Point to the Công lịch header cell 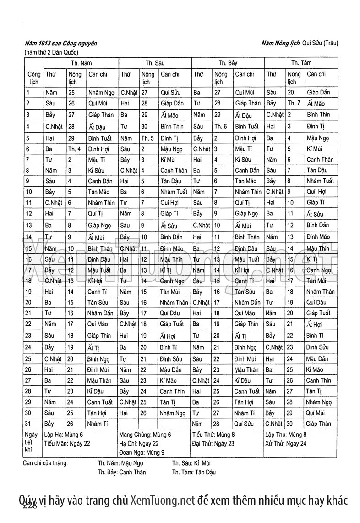click(x=33, y=78)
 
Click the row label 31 click(x=28, y=424)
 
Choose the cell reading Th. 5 click(x=147, y=138)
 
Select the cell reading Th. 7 click(x=294, y=103)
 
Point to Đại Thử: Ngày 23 click(x=213, y=443)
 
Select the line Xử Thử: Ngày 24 click(x=286, y=443)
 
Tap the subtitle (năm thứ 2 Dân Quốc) click(x=52, y=52)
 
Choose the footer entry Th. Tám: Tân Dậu click(x=194, y=472)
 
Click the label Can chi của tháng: click(x=45, y=463)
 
